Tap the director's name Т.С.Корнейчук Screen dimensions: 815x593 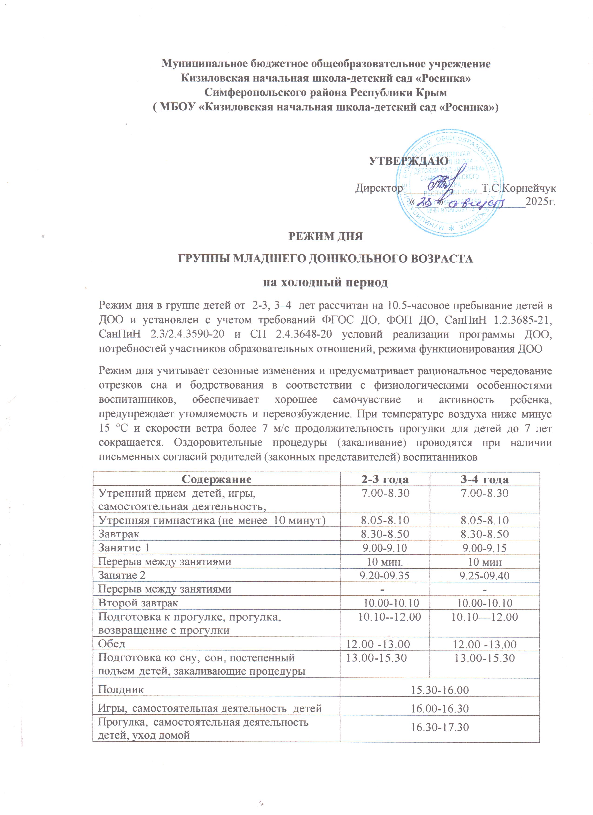pyautogui.click(x=519, y=188)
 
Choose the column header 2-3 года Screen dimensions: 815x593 pyautogui.click(x=385, y=479)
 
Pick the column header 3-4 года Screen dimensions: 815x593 pyautogui.click(x=485, y=479)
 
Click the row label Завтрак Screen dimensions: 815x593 pyautogui.click(x=119, y=534)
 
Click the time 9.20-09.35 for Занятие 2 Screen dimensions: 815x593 pyautogui.click(x=385, y=575)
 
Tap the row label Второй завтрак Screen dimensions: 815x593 pyautogui.click(x=138, y=603)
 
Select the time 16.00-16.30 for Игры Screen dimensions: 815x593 pyautogui.click(x=440, y=709)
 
